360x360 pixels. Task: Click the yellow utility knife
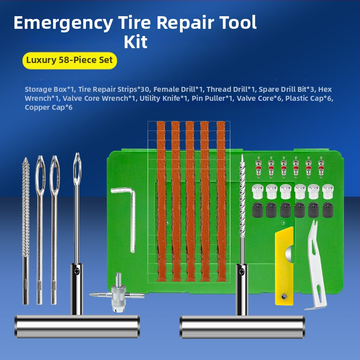coord(284,266)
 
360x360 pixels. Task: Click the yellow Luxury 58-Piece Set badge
coord(70,61)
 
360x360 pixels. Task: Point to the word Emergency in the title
coord(63,23)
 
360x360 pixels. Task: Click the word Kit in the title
coord(135,42)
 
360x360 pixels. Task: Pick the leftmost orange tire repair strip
coord(161,201)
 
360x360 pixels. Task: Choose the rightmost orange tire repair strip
coord(221,201)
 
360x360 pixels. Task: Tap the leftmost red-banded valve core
coord(258,167)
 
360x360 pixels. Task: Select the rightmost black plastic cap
coord(328,210)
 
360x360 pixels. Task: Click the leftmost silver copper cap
coord(257,192)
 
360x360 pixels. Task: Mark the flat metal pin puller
coord(316,265)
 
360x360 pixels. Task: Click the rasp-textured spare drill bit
coord(26,231)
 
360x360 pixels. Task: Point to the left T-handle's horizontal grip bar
coord(77,327)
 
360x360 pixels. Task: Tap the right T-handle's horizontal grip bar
coord(242,327)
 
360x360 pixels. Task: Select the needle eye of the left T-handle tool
coord(77,169)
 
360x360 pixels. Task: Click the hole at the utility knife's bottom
coord(284,297)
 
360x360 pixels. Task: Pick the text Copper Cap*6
coord(49,108)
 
